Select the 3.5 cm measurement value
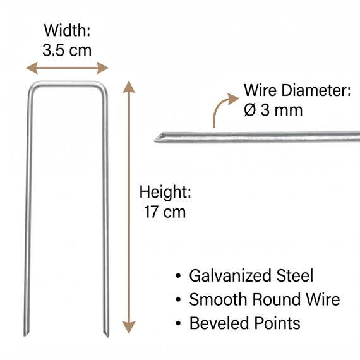coord(67,50)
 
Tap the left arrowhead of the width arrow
coord(32,68)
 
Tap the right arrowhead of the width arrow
coord(102,68)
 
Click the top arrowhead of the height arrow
coord(129,87)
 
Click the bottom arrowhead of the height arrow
coord(129,327)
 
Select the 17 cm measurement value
coord(165,212)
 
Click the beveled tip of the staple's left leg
coord(25,335)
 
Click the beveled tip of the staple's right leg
coord(107,335)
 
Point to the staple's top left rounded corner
coord(32,87)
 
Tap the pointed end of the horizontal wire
coord(155,140)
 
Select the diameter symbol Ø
coord(249,110)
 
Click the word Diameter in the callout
coord(316,90)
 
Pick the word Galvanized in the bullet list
coord(231,275)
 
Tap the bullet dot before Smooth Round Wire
coord(178,299)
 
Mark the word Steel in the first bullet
coord(294,275)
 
